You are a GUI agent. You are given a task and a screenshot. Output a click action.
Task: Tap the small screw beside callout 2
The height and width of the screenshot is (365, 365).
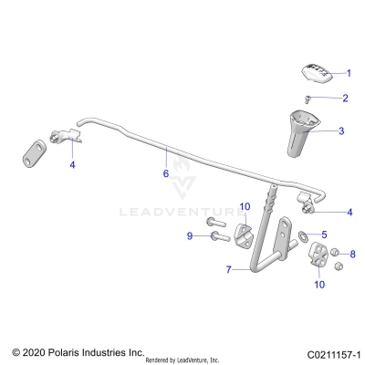click(308, 98)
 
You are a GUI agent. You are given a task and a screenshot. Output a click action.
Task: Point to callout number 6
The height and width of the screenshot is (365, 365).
click(165, 172)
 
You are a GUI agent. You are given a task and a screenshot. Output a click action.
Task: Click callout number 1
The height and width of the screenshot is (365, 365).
click(347, 72)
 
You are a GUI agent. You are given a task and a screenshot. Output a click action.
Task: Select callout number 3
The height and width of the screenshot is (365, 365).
click(341, 131)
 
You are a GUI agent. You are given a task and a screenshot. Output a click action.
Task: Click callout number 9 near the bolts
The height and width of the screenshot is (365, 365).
click(190, 236)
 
